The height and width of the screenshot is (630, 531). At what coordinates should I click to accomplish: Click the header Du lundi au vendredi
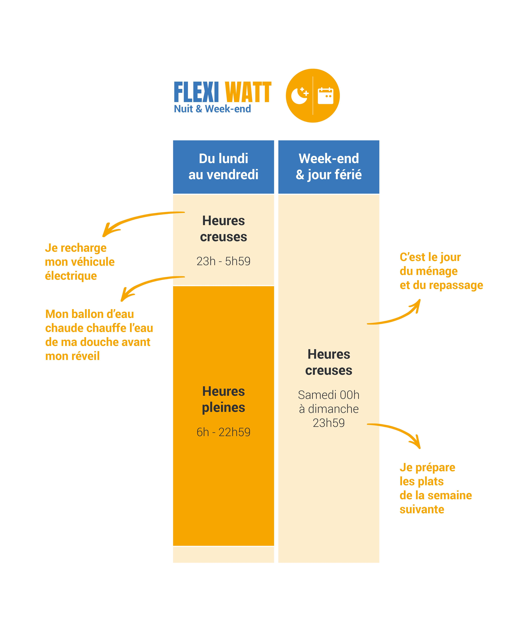223,166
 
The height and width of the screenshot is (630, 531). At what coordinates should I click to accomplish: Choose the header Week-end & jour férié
329,166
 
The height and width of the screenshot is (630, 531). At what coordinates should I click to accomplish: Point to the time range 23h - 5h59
223,261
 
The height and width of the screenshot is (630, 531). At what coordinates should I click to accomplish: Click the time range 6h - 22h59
223,432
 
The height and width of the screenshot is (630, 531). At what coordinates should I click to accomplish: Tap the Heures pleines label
223,399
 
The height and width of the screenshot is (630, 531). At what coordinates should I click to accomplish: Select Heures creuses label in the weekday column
223,229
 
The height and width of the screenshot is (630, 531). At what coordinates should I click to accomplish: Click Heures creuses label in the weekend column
329,362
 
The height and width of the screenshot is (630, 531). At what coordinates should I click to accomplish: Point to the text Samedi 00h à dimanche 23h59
329,409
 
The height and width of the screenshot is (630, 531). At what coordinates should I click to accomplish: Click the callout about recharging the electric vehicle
80,262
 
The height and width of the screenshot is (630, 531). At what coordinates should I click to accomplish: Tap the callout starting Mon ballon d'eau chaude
99,335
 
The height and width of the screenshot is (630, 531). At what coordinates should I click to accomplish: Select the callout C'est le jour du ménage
441,271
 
